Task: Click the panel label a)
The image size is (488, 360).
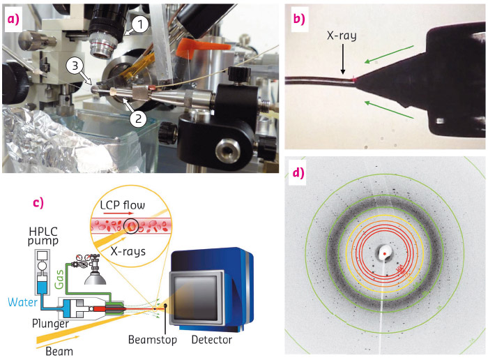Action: (x=15, y=20)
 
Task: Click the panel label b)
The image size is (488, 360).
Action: (x=299, y=20)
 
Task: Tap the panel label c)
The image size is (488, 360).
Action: (x=39, y=203)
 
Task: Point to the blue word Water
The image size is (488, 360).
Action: (x=18, y=302)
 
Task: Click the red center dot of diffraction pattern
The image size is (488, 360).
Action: (x=385, y=257)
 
